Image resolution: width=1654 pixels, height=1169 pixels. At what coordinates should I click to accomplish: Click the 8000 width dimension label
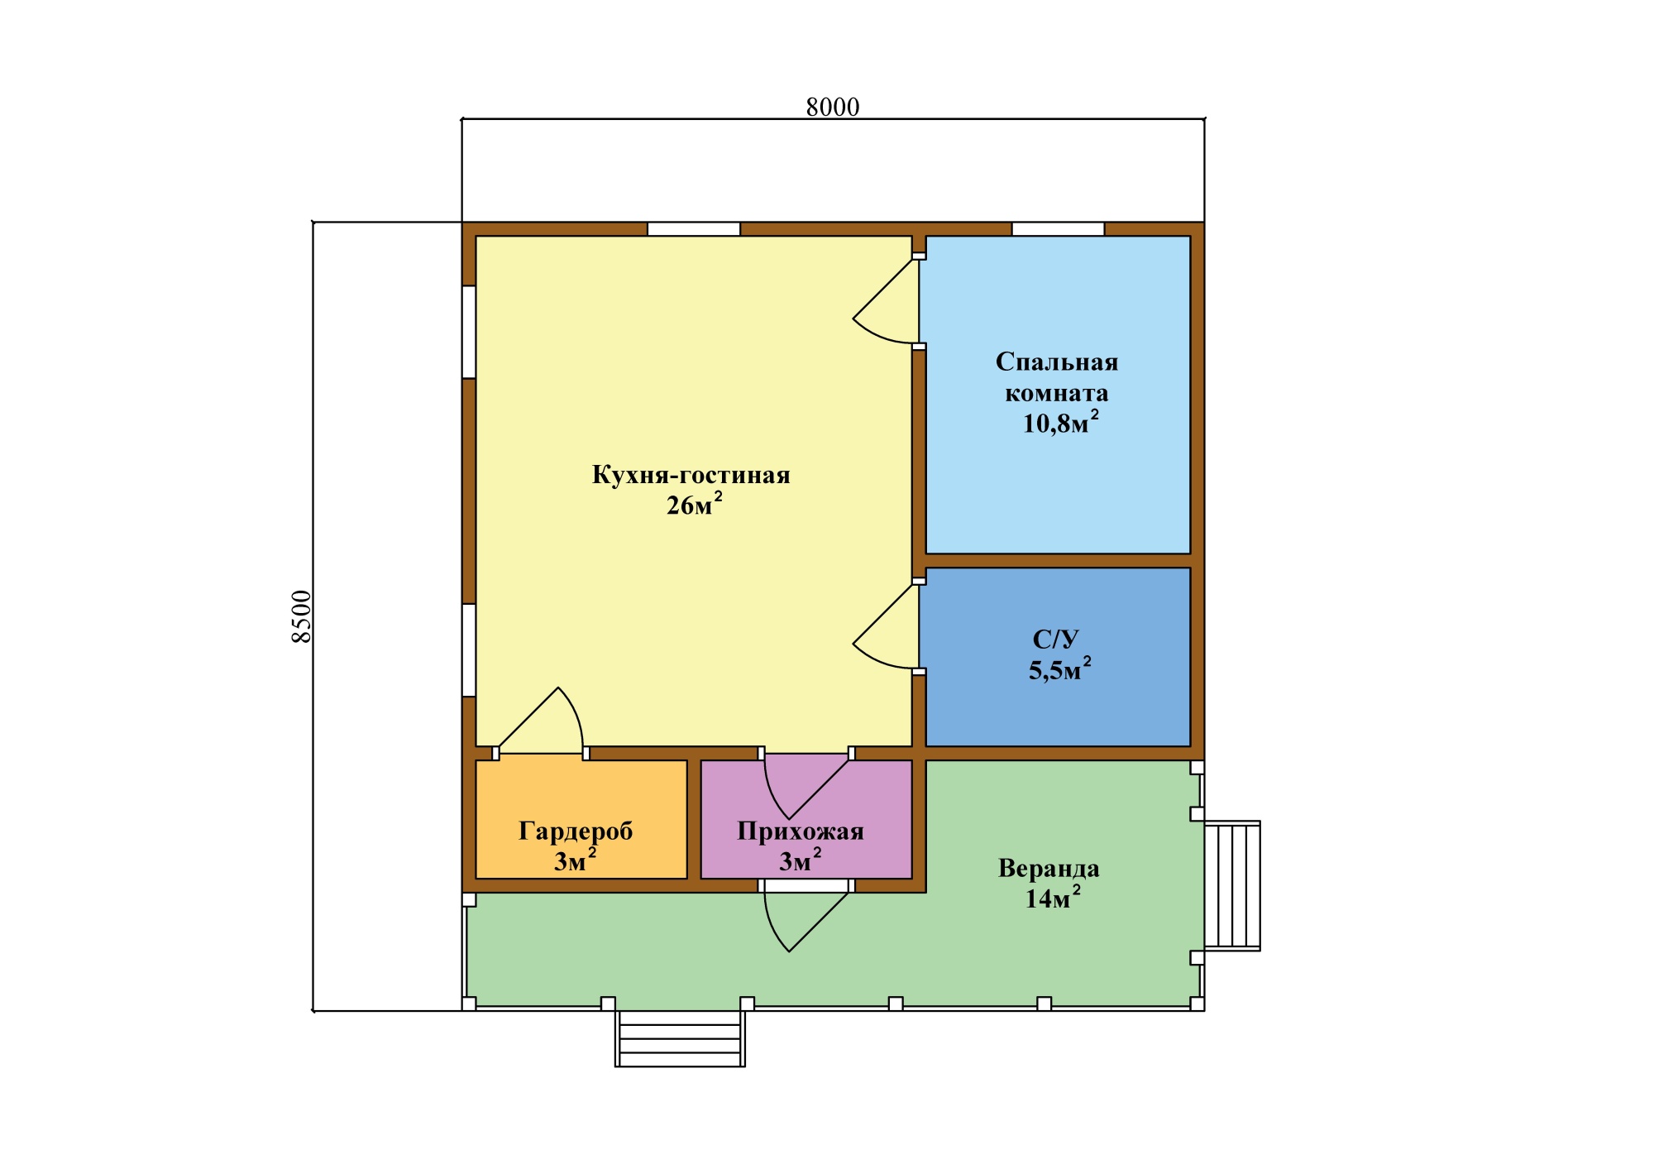(833, 107)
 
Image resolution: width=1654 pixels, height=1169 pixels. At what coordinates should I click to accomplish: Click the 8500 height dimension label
(302, 616)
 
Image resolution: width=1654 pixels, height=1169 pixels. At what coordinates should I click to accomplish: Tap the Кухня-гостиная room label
(691, 475)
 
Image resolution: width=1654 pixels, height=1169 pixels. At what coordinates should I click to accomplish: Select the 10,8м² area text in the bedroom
(1061, 422)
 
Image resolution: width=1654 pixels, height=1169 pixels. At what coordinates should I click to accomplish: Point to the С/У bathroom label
(1056, 639)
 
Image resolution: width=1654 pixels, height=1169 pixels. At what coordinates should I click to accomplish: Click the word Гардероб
(576, 831)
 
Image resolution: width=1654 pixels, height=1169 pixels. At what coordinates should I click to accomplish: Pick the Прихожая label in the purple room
(801, 831)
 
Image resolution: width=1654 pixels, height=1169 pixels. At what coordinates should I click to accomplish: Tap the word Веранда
(1049, 868)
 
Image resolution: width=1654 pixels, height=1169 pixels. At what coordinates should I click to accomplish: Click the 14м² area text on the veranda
(1053, 897)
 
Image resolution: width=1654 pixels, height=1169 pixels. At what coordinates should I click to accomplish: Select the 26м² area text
(695, 504)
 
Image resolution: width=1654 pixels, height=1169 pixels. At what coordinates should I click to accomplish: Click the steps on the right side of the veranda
(1232, 885)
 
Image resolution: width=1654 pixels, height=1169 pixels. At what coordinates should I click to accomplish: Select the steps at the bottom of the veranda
(680, 1038)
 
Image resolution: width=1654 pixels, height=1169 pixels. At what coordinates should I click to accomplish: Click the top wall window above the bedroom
(1059, 229)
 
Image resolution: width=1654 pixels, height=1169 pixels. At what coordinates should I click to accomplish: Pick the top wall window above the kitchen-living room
(694, 229)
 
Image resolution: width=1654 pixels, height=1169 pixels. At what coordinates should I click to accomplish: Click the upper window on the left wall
(469, 332)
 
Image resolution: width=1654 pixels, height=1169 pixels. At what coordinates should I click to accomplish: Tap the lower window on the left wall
(469, 650)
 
